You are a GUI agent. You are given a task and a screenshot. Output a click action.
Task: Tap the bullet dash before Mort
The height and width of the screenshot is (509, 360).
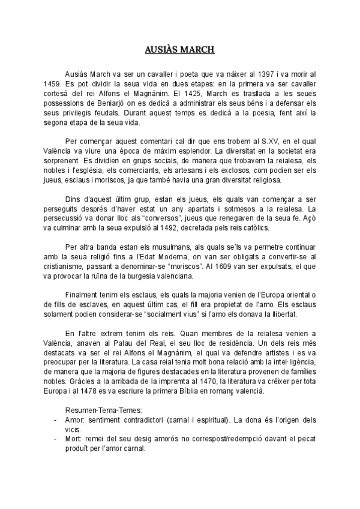pyautogui.click(x=56, y=438)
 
